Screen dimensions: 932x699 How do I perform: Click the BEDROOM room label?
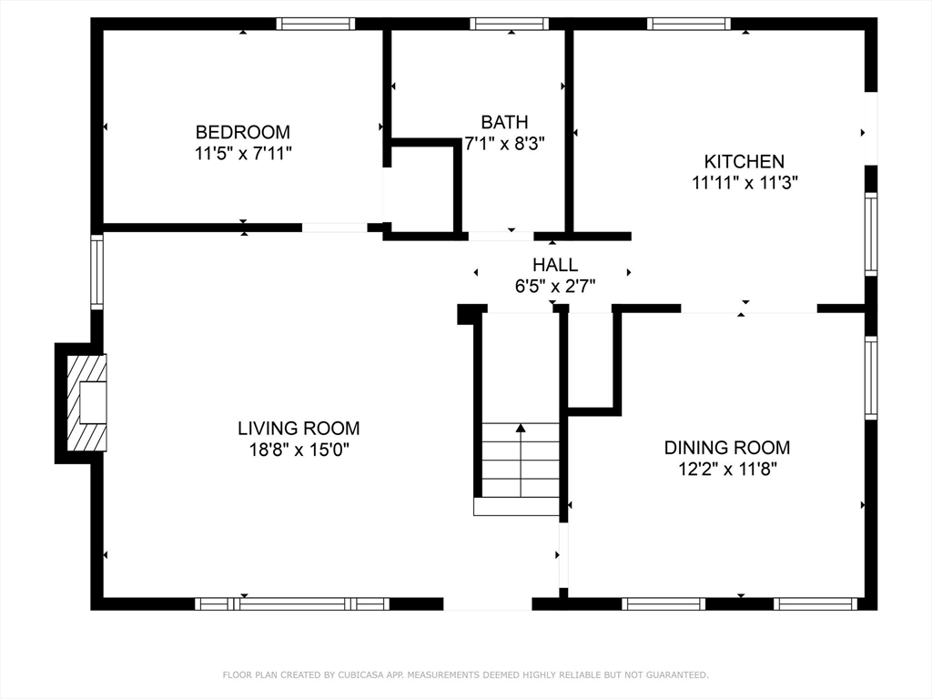[x=242, y=131]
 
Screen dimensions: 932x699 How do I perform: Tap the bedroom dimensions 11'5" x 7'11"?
[x=243, y=153]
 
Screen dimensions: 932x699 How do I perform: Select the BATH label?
[x=504, y=122]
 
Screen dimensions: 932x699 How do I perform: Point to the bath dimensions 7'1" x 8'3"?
[x=504, y=143]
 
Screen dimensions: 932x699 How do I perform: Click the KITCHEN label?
[x=745, y=161]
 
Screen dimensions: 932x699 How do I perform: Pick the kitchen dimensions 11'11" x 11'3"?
[x=745, y=182]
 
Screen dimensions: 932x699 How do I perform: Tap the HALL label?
[x=554, y=265]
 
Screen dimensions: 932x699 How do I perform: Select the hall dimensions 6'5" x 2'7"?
[x=555, y=287]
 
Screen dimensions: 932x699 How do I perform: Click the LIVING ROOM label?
[x=299, y=428]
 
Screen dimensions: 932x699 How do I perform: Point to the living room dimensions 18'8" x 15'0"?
[x=299, y=450]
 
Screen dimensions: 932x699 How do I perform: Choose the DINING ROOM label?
[x=727, y=447]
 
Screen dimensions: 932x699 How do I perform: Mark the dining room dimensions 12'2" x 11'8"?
[x=727, y=469]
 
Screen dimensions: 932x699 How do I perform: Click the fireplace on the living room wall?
[x=86, y=403]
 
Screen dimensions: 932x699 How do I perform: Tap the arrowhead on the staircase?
[x=521, y=428]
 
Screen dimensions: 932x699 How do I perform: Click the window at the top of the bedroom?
[x=315, y=24]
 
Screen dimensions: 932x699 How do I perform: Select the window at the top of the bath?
[x=510, y=24]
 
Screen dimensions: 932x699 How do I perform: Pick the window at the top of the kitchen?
[x=688, y=24]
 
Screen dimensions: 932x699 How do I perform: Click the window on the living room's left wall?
[x=96, y=271]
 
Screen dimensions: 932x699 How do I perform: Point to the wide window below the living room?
[x=292, y=604]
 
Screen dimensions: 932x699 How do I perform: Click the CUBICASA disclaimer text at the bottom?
[x=465, y=674]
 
